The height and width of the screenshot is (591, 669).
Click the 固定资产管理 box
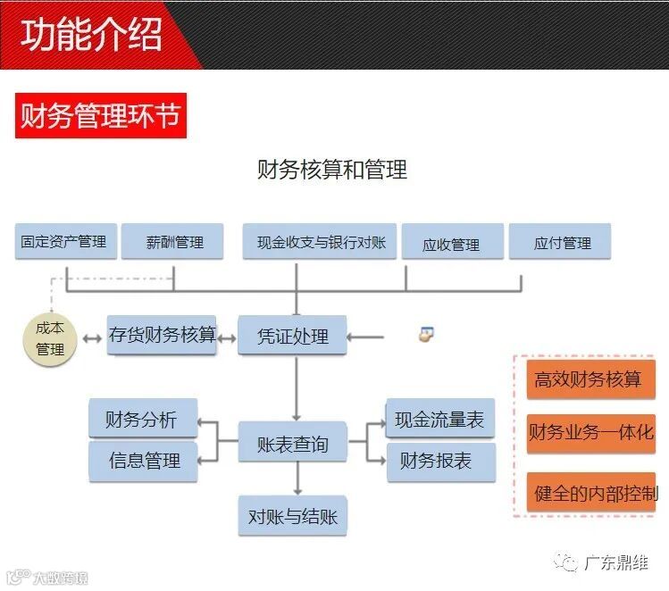[x=65, y=242]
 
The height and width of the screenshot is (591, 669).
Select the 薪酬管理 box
[x=175, y=242]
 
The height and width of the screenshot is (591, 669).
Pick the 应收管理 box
[x=451, y=244]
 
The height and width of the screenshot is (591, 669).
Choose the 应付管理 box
[x=562, y=242]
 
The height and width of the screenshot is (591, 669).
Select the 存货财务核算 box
[x=163, y=335]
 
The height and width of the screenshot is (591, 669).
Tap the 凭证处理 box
[x=292, y=337]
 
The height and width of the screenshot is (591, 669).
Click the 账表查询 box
[x=292, y=444]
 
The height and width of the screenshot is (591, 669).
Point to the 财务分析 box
[x=142, y=420]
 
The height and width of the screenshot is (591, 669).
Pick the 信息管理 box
[x=144, y=461]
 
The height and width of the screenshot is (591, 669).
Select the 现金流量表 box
[x=439, y=420]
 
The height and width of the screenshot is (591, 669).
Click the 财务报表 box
[x=439, y=461]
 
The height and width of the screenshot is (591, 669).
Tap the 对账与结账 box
[x=292, y=516]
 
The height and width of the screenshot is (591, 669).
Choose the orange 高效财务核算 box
[x=589, y=379]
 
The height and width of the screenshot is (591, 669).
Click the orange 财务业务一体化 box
[x=590, y=433]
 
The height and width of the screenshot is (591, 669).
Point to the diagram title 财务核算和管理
[x=332, y=169]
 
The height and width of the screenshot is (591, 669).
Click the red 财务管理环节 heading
[x=100, y=116]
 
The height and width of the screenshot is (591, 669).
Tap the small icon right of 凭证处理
[x=426, y=335]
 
